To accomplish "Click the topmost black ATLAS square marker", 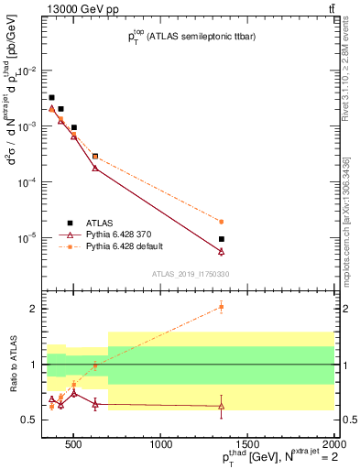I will pyautogui.click(x=52, y=97).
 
